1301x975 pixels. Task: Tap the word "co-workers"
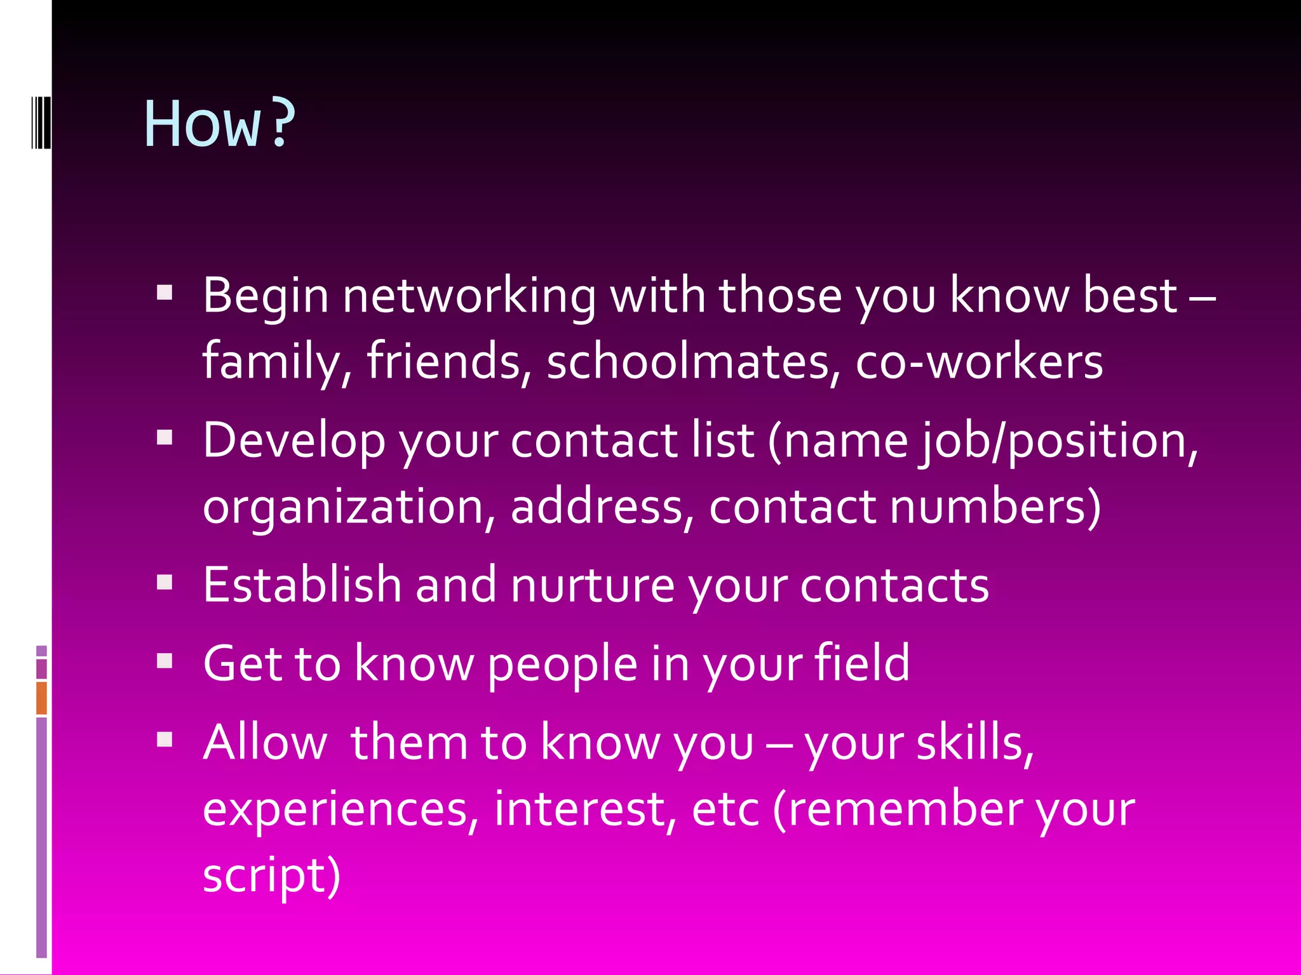[979, 362]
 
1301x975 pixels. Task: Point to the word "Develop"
[294, 441]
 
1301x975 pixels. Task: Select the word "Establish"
[302, 585]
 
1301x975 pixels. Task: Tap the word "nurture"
[592, 585]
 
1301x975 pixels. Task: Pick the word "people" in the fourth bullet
[562, 664]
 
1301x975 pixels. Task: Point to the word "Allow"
[265, 742]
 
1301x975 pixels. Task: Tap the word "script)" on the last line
[271, 875]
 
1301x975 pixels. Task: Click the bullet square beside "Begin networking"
[165, 293]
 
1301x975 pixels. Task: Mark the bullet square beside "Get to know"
[165, 661]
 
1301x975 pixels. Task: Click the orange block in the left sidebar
[41, 698]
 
